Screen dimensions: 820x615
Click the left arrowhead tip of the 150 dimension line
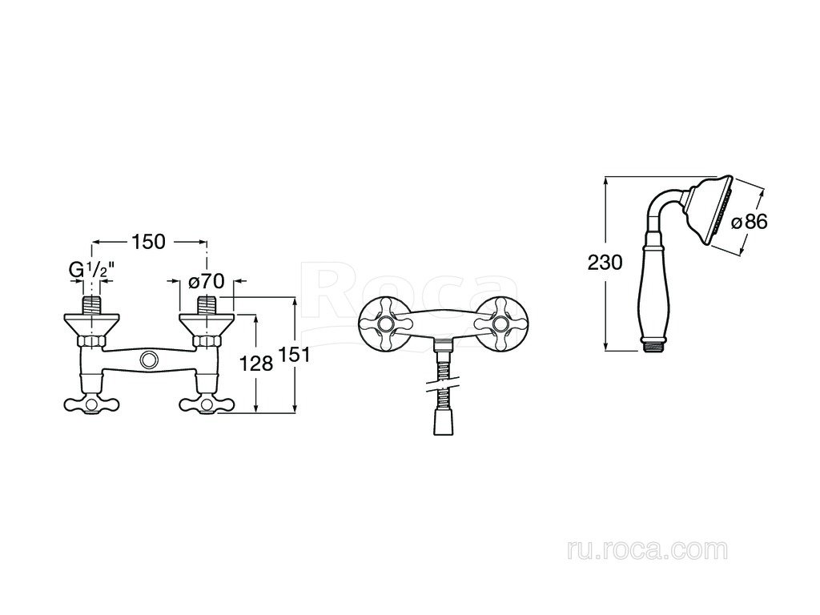click(x=92, y=242)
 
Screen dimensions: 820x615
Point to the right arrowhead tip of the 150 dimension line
click(x=207, y=242)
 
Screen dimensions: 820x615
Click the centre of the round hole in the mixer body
click(x=149, y=360)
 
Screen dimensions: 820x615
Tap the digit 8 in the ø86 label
click(x=750, y=222)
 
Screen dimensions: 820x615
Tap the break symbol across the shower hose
click(x=444, y=386)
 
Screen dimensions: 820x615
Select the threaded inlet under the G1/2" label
click(x=92, y=305)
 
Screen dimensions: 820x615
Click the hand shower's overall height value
click(x=605, y=262)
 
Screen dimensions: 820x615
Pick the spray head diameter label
click(x=750, y=222)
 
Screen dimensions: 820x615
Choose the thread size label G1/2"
click(x=92, y=270)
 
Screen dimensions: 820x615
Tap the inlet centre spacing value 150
click(x=148, y=242)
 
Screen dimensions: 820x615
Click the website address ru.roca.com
click(x=647, y=550)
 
